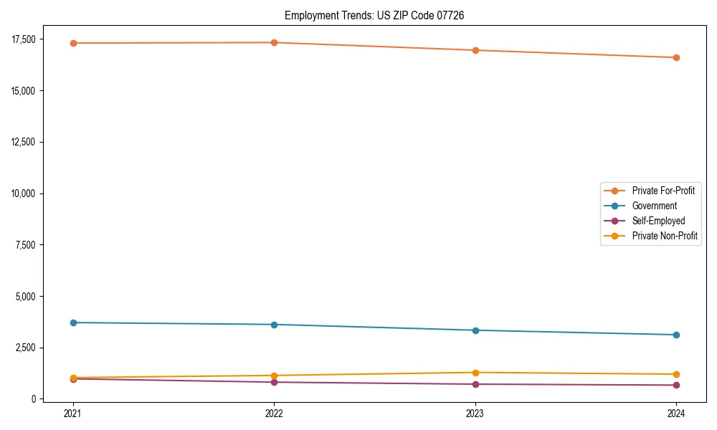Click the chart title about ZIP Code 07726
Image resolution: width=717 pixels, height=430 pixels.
click(374, 15)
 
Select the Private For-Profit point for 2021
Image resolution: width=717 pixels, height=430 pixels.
click(73, 43)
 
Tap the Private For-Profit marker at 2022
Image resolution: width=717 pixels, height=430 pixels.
click(274, 42)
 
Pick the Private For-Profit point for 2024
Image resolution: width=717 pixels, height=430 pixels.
click(676, 57)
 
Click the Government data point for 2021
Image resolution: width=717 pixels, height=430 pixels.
click(73, 322)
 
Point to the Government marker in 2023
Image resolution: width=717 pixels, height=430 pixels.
click(475, 330)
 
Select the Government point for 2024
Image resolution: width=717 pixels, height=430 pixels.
click(676, 335)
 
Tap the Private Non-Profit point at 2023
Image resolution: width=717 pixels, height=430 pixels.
click(475, 373)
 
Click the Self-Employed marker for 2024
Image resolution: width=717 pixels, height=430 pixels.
click(676, 385)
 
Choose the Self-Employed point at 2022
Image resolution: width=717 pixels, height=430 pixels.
click(274, 382)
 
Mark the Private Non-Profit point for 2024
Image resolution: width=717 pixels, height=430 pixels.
click(676, 374)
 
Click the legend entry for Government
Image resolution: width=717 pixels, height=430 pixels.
click(654, 206)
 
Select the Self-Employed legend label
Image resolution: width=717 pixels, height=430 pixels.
click(658, 221)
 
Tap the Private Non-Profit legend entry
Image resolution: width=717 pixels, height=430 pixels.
click(665, 235)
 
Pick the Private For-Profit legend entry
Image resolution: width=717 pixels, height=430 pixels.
click(663, 191)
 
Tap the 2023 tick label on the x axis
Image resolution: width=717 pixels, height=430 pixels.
click(475, 413)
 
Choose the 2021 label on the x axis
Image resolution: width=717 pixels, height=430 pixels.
click(73, 413)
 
